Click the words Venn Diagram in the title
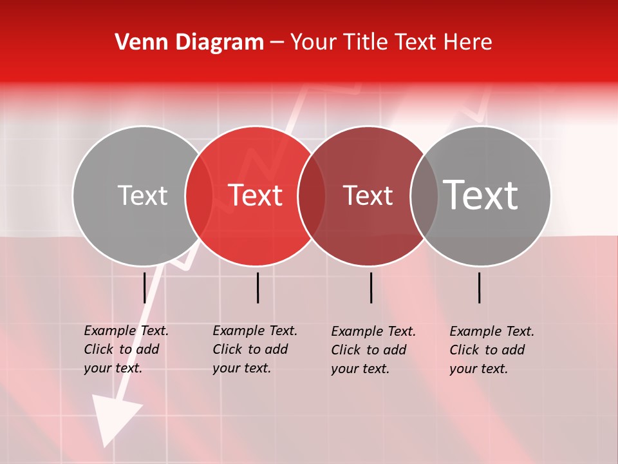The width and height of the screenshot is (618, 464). click(189, 43)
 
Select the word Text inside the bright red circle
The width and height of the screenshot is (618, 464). click(256, 195)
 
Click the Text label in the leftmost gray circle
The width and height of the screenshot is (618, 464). click(142, 195)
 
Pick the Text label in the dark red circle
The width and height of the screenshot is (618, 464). click(368, 195)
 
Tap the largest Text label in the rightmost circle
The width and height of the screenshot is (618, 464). click(481, 195)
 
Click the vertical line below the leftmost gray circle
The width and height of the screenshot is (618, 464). click(144, 287)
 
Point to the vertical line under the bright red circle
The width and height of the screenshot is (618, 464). click(257, 287)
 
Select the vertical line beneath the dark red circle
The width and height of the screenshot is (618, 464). click(371, 287)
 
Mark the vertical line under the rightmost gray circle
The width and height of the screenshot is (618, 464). click(479, 287)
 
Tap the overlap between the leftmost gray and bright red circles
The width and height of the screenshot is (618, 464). click(199, 195)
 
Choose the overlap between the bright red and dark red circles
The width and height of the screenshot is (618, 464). click(312, 195)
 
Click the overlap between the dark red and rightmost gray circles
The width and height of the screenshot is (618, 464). click(424, 195)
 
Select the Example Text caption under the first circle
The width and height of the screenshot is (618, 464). click(126, 349)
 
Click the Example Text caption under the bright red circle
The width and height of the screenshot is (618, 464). click(254, 349)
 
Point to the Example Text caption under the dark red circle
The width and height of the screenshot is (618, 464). click(373, 350)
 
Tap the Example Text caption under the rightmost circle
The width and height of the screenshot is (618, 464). click(491, 350)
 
